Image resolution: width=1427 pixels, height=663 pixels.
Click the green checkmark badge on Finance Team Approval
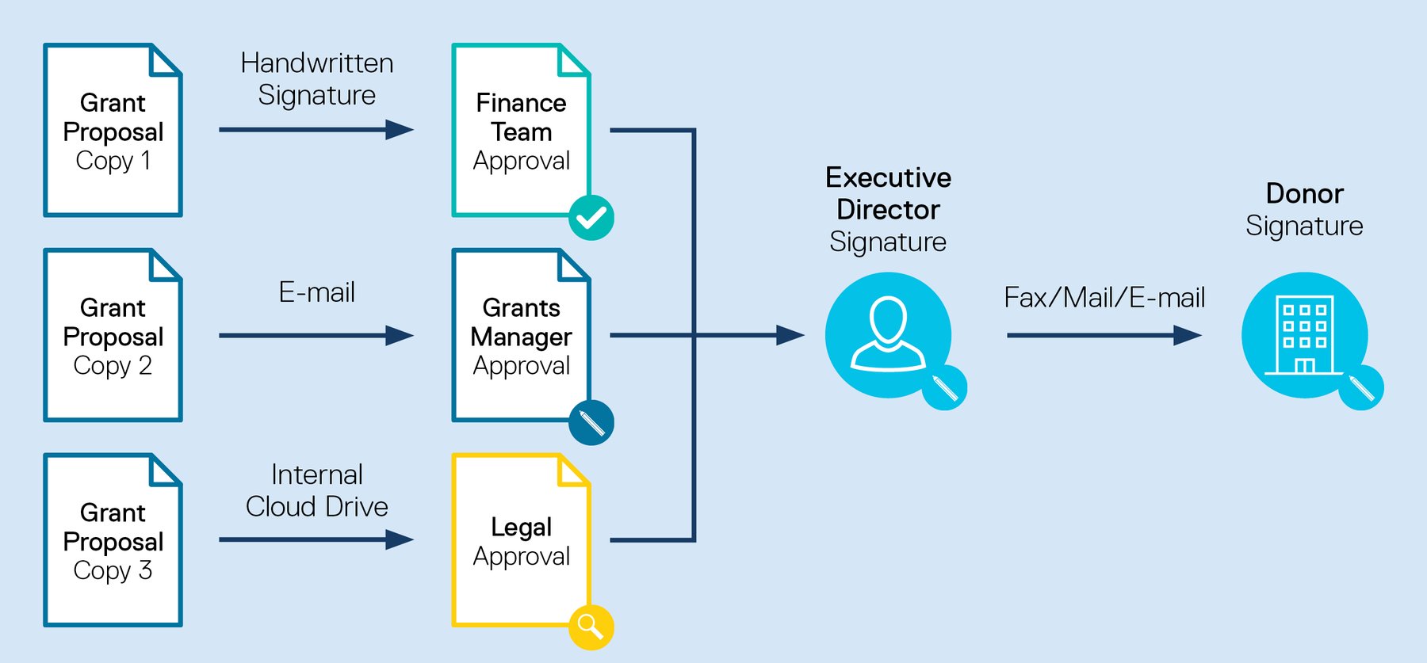pyautogui.click(x=591, y=218)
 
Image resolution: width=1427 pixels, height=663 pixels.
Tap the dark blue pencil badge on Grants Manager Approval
pyautogui.click(x=591, y=422)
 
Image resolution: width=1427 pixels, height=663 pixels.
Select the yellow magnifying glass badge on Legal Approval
pyautogui.click(x=591, y=627)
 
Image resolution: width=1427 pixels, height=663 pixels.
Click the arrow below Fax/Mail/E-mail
pyautogui.click(x=1104, y=335)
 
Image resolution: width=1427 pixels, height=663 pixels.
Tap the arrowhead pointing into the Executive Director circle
pyautogui.click(x=790, y=335)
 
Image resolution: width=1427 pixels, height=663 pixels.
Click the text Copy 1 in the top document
pyautogui.click(x=113, y=161)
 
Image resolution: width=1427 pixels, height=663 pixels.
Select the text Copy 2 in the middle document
pyautogui.click(x=113, y=366)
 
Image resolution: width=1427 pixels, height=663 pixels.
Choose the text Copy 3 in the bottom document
pyautogui.click(x=113, y=571)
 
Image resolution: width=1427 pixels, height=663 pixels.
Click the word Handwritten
pyautogui.click(x=317, y=63)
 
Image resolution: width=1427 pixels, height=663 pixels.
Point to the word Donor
pyautogui.click(x=1304, y=194)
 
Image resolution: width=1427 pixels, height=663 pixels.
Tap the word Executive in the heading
pyautogui.click(x=888, y=178)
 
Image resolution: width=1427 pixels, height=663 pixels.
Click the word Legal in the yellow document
pyautogui.click(x=521, y=528)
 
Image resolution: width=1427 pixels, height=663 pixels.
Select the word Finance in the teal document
pyautogui.click(x=521, y=103)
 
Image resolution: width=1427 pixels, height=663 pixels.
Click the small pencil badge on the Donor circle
pyautogui.click(x=1361, y=388)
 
